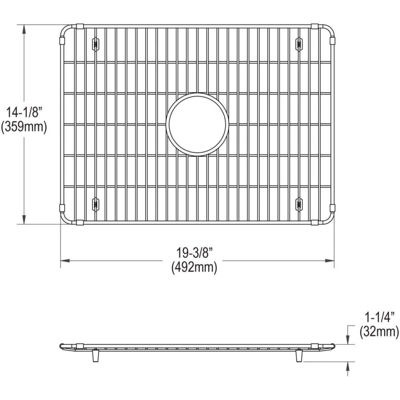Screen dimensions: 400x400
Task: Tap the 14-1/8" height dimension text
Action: coord(24,112)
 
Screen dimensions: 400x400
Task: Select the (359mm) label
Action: coord(24,127)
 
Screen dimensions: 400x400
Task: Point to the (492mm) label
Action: coord(194,268)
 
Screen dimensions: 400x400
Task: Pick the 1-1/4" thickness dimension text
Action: coord(378,318)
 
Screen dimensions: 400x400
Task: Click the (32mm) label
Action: coord(379,332)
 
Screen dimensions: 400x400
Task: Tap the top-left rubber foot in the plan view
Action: coord(95,44)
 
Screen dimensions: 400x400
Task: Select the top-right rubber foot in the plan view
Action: coord(299,44)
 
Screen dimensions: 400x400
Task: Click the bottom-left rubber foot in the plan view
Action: coord(95,204)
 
